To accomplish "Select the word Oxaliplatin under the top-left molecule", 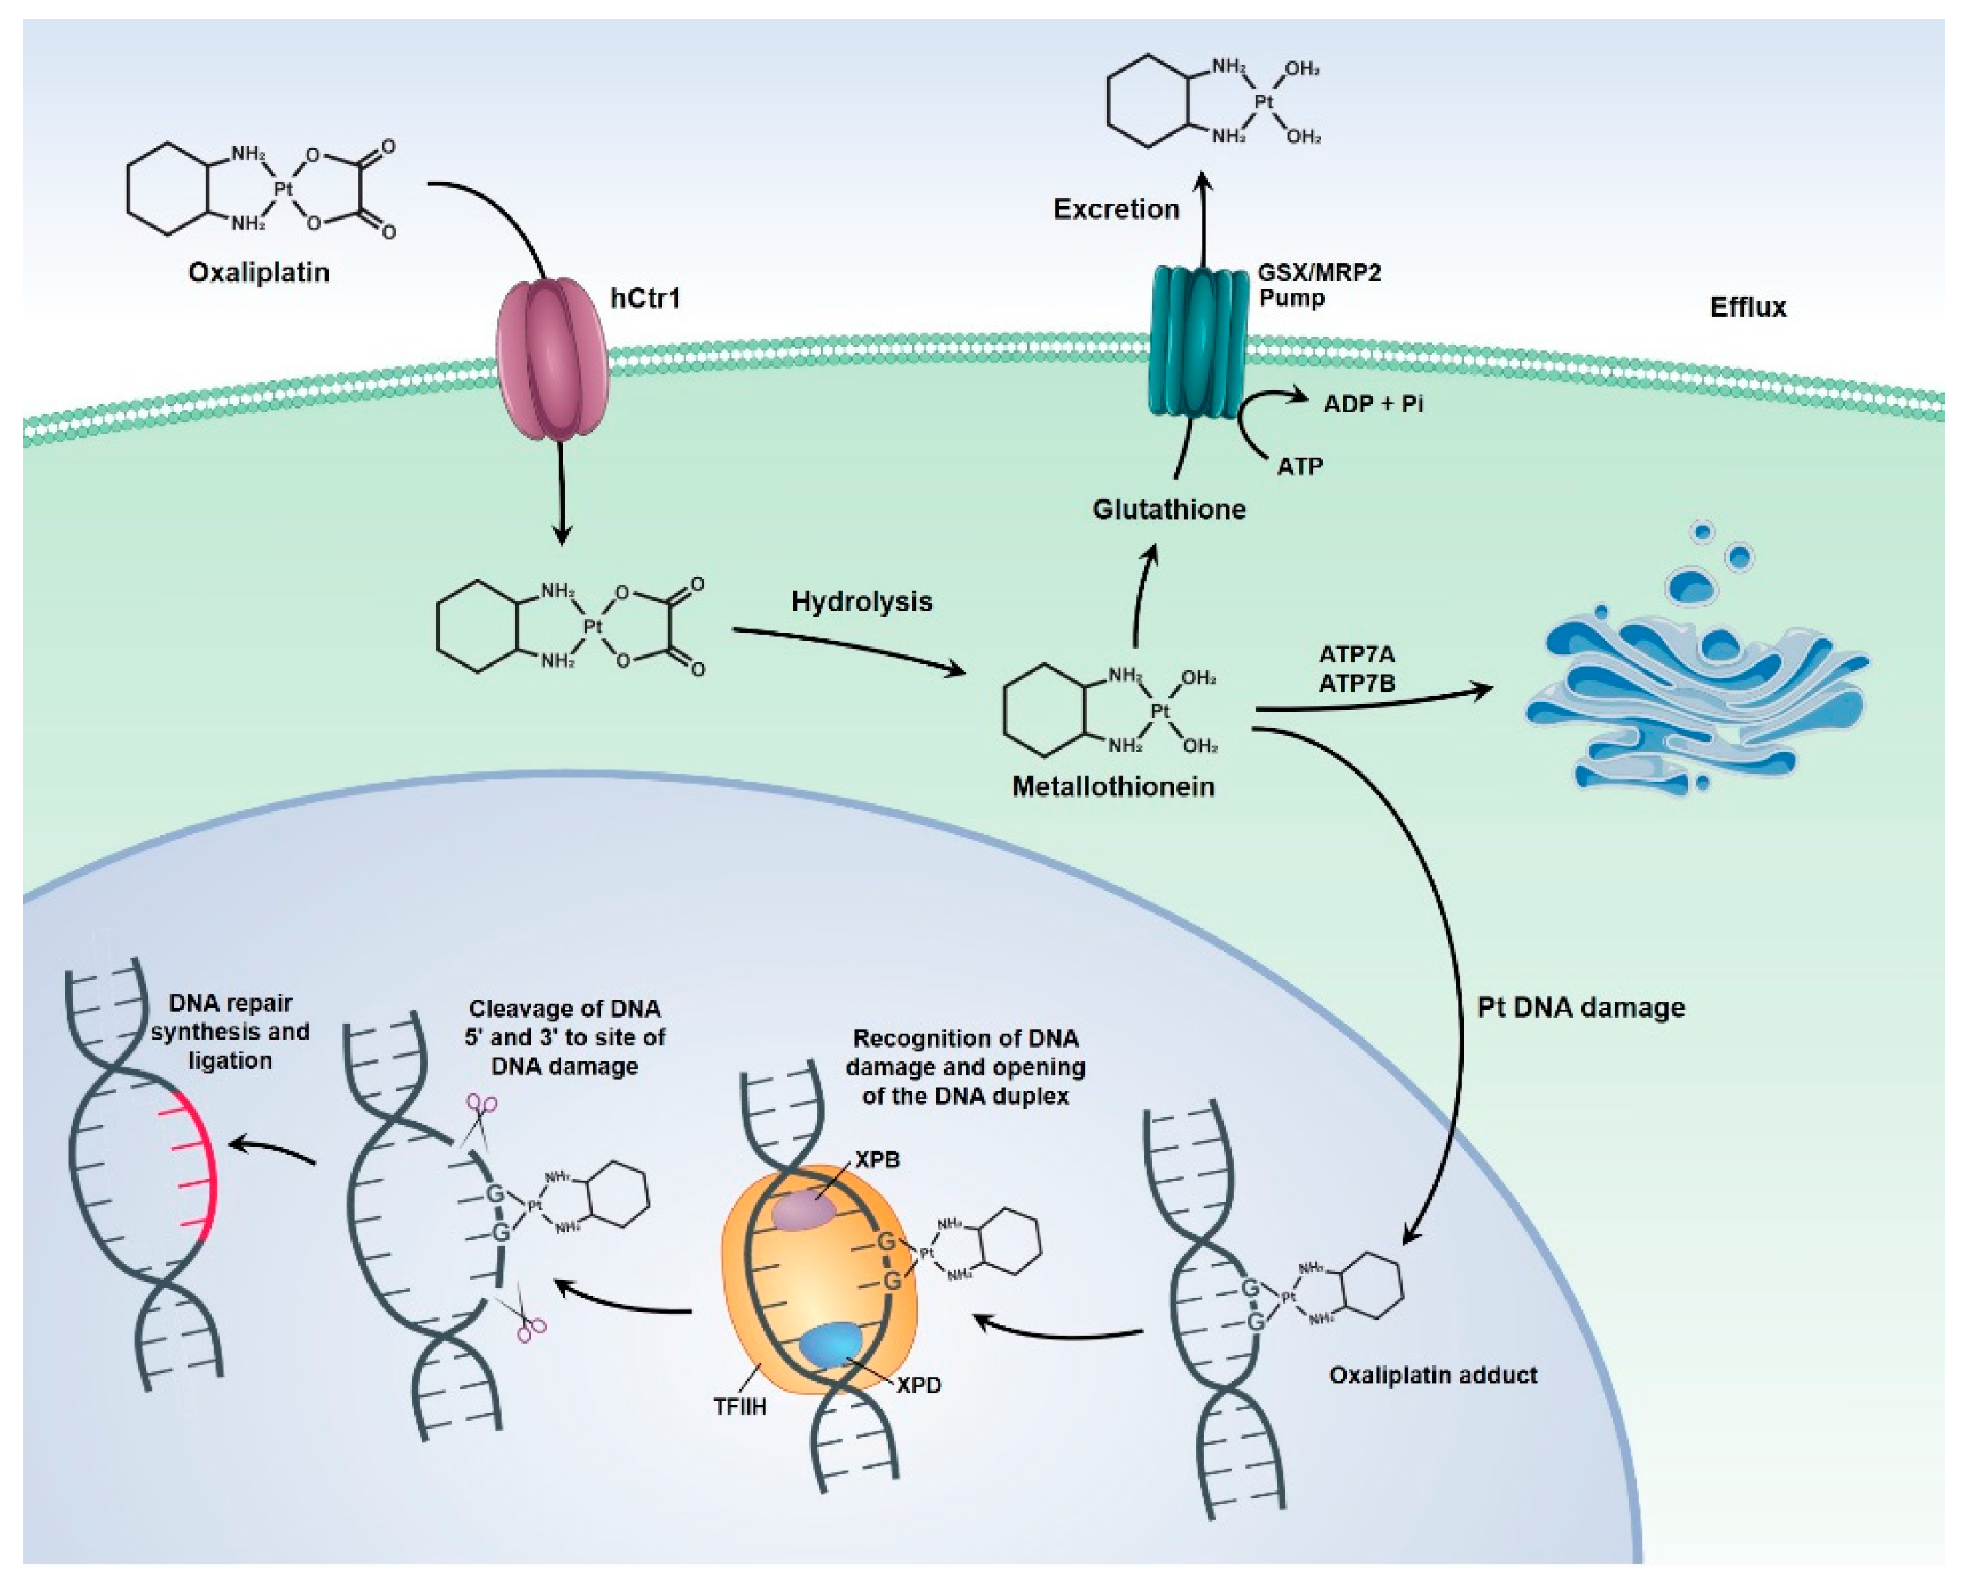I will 258,273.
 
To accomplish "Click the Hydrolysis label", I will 861,602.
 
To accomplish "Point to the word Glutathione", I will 1168,509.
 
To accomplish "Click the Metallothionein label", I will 1112,786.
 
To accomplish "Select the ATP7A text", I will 1356,655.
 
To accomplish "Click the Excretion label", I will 1115,209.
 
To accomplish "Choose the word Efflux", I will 1747,307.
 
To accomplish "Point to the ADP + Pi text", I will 1373,404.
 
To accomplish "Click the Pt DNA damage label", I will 1581,1008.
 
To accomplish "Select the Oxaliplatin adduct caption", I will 1433,1375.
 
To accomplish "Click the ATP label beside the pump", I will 1299,467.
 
